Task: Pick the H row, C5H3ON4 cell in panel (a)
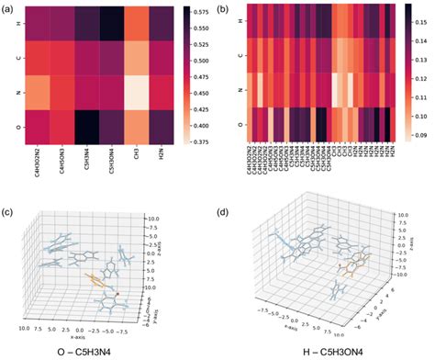pyautogui.click(x=111, y=24)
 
